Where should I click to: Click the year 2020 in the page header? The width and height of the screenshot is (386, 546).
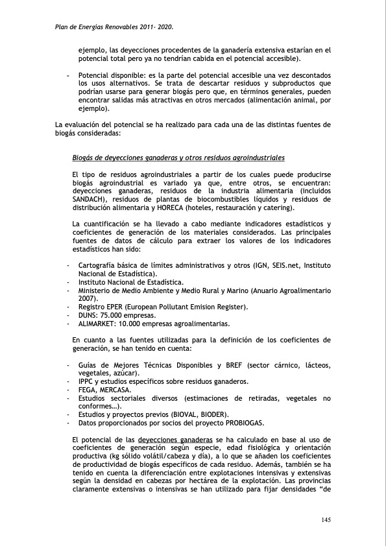tap(165, 28)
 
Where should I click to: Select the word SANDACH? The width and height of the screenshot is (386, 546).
tap(90, 200)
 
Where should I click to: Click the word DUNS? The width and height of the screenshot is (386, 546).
tap(88, 315)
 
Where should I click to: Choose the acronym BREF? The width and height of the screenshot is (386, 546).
tap(241, 365)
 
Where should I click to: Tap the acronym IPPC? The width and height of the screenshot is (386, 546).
tap(86, 381)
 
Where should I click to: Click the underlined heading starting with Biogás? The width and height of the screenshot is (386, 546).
tap(178, 158)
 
